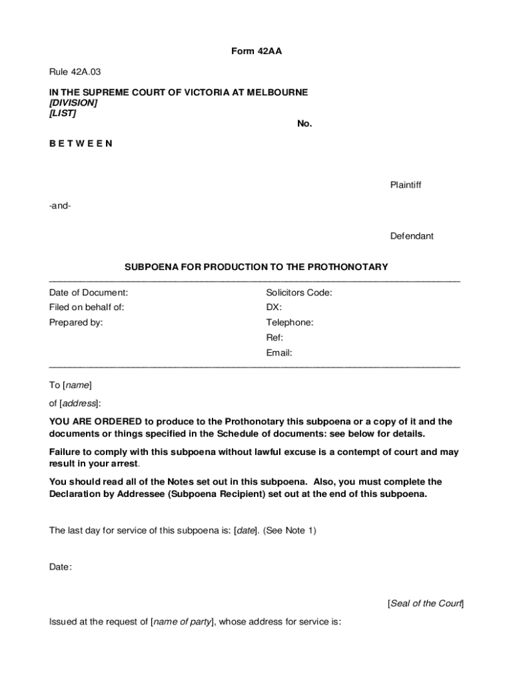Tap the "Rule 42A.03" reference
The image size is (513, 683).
pyautogui.click(x=75, y=71)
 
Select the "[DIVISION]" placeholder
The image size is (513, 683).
pyautogui.click(x=73, y=103)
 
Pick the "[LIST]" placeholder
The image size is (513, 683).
pyautogui.click(x=62, y=113)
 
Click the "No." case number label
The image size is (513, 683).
pyautogui.click(x=304, y=123)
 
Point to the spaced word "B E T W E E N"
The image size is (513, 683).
pyautogui.click(x=81, y=143)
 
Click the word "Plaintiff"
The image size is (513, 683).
pyautogui.click(x=406, y=185)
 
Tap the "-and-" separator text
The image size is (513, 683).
pyautogui.click(x=60, y=205)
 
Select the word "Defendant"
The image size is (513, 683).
pyautogui.click(x=412, y=236)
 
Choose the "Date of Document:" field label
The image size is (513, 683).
pyautogui.click(x=89, y=292)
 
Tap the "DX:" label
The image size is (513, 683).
pyautogui.click(x=274, y=307)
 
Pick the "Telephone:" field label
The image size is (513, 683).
pyautogui.click(x=290, y=323)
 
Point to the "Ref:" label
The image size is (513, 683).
pyautogui.click(x=274, y=337)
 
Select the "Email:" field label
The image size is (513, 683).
pyautogui.click(x=279, y=353)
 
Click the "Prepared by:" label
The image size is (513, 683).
pyautogui.click(x=76, y=323)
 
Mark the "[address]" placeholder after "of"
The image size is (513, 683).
pyautogui.click(x=79, y=404)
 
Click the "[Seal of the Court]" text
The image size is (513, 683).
pyautogui.click(x=425, y=604)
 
